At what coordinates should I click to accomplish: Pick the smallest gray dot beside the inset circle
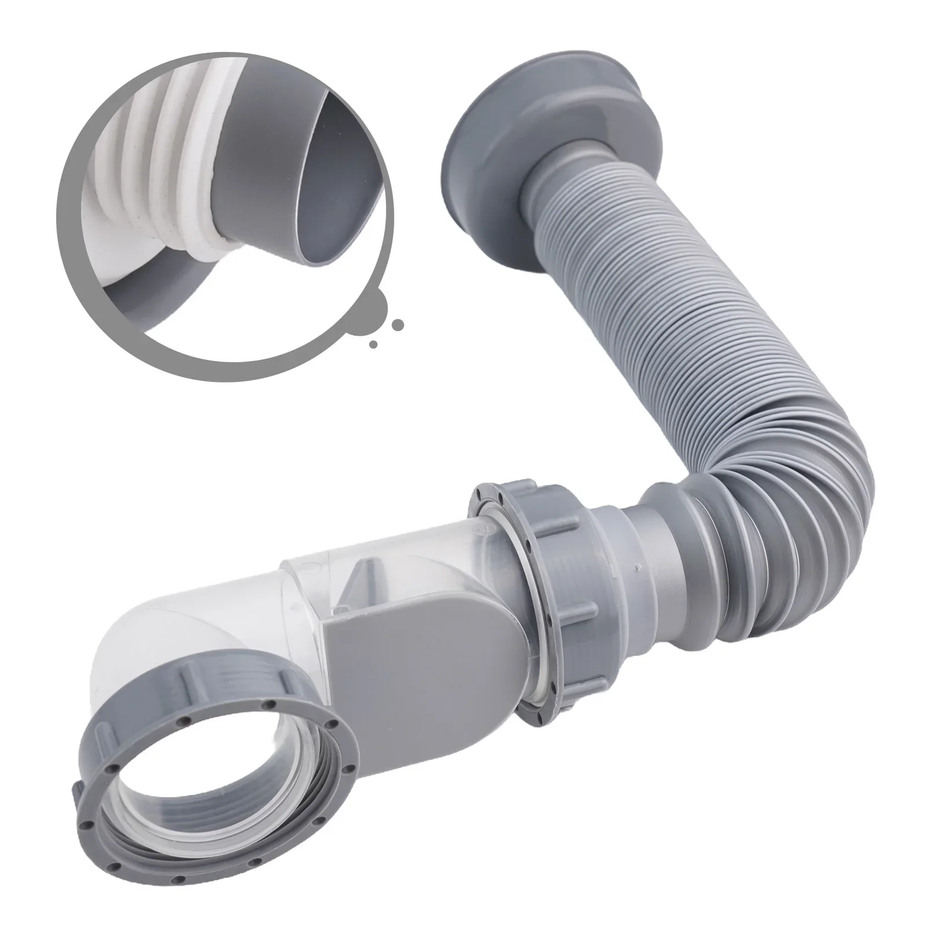click(373, 345)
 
